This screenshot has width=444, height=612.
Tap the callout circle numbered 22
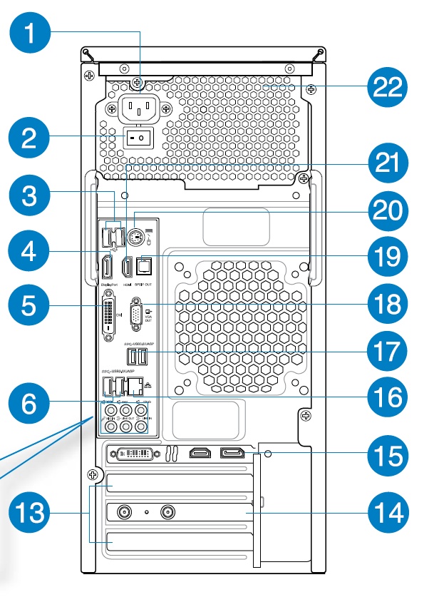click(x=388, y=88)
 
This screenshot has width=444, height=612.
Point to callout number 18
click(x=388, y=305)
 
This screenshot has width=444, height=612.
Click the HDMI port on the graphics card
click(x=199, y=452)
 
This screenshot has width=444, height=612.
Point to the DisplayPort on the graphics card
click(x=233, y=452)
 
